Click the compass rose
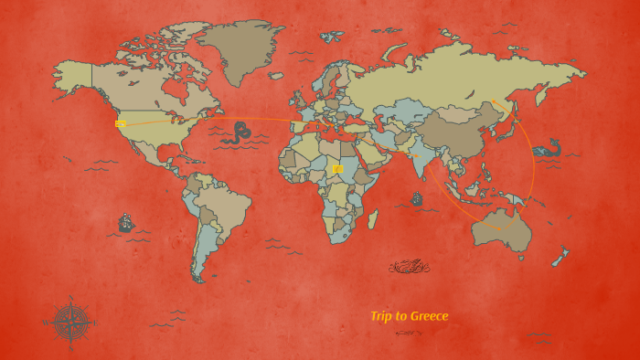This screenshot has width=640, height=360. (x=69, y=322)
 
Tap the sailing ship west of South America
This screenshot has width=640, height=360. (x=126, y=223)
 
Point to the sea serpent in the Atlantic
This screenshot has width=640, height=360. (x=241, y=132)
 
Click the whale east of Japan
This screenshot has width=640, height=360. (x=548, y=148)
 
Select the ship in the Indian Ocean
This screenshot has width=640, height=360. (x=417, y=198)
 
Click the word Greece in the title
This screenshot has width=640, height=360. (x=429, y=316)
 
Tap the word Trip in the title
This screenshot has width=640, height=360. (x=381, y=316)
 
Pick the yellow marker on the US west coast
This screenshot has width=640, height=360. (x=120, y=123)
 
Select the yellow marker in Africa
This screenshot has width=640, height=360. (x=337, y=169)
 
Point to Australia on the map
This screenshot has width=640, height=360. (x=500, y=228)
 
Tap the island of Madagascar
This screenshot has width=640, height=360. (x=372, y=218)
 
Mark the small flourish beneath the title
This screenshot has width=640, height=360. (x=408, y=333)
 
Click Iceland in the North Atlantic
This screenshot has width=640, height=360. (x=277, y=76)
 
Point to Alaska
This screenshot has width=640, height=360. (x=73, y=73)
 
